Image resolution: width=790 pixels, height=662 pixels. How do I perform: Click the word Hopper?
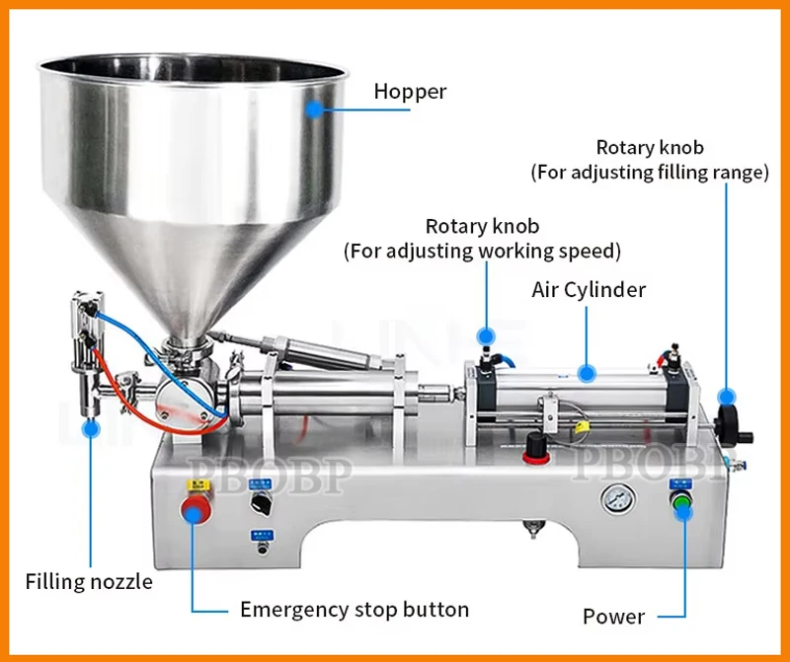tap(410, 93)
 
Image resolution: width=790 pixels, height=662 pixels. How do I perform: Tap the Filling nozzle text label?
tap(89, 581)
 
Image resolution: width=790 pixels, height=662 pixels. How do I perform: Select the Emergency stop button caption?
tap(355, 609)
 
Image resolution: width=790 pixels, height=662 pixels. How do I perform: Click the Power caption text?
tap(613, 617)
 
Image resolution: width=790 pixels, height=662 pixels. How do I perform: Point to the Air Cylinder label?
tap(589, 290)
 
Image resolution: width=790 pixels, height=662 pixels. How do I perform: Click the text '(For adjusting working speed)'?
tap(482, 252)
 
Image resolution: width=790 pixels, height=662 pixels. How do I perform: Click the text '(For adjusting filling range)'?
tap(650, 173)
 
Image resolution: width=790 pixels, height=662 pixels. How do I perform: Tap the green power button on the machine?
tap(681, 506)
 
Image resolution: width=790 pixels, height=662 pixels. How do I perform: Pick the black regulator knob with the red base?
tap(536, 446)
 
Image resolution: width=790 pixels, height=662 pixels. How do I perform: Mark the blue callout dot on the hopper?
tap(314, 108)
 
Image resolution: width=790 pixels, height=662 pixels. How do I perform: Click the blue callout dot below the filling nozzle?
tap(91, 428)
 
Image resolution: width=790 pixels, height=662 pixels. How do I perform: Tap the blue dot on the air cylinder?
tap(587, 373)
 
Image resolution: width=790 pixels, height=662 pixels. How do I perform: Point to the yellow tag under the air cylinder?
tap(582, 428)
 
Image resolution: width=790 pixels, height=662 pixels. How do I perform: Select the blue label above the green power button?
tap(680, 482)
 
